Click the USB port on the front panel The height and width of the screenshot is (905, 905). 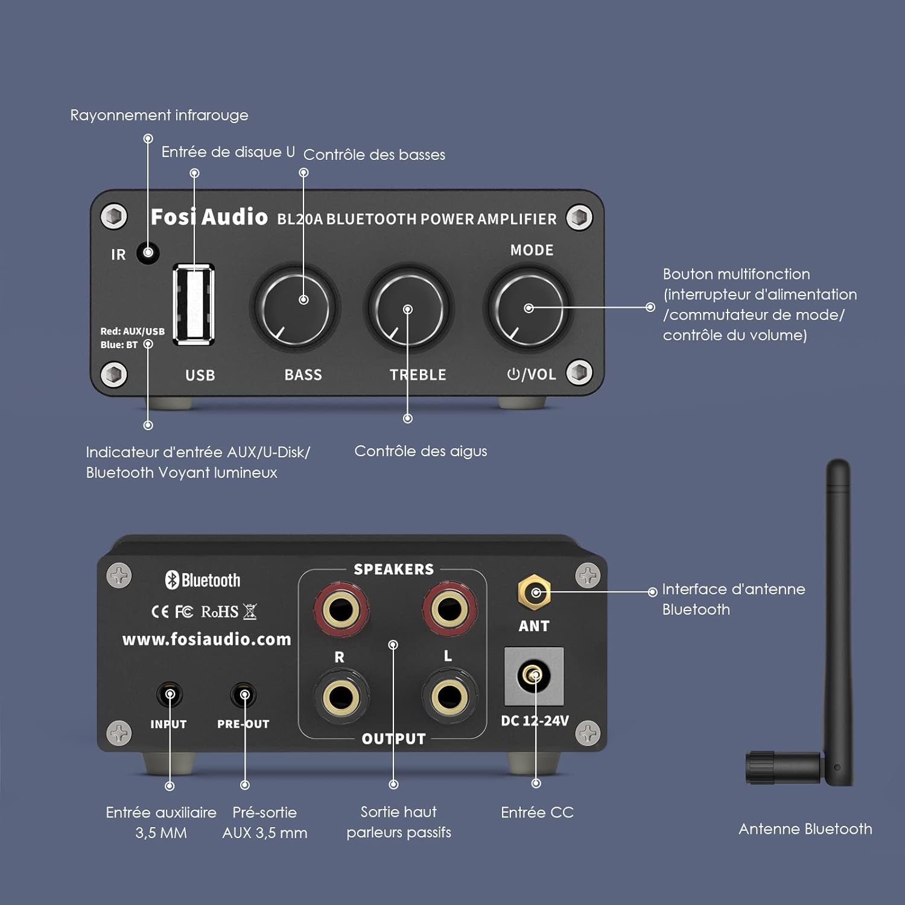[x=194, y=305]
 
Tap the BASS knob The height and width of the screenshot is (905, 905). [x=295, y=307]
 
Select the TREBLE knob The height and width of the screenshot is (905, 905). [x=408, y=308]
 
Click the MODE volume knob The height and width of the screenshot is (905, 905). [x=527, y=308]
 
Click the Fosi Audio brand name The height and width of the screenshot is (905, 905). [x=209, y=217]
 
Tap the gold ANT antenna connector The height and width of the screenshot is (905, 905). [x=534, y=592]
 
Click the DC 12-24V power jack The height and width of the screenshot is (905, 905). [x=534, y=676]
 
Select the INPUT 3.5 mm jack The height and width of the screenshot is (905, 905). [x=170, y=695]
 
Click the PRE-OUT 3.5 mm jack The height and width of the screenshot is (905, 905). [x=244, y=695]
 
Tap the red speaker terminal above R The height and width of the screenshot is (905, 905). [x=341, y=609]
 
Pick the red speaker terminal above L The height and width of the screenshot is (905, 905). [x=449, y=608]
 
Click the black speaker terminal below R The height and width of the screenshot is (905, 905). [x=341, y=697]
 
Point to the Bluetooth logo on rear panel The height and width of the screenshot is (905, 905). [x=203, y=580]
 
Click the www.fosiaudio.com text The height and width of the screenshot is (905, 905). [x=207, y=639]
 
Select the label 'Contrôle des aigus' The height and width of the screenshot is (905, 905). [x=421, y=451]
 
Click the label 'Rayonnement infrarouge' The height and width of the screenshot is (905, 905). [x=159, y=115]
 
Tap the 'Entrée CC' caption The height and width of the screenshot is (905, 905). [x=537, y=813]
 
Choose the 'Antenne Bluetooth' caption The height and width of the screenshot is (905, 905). [x=805, y=829]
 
